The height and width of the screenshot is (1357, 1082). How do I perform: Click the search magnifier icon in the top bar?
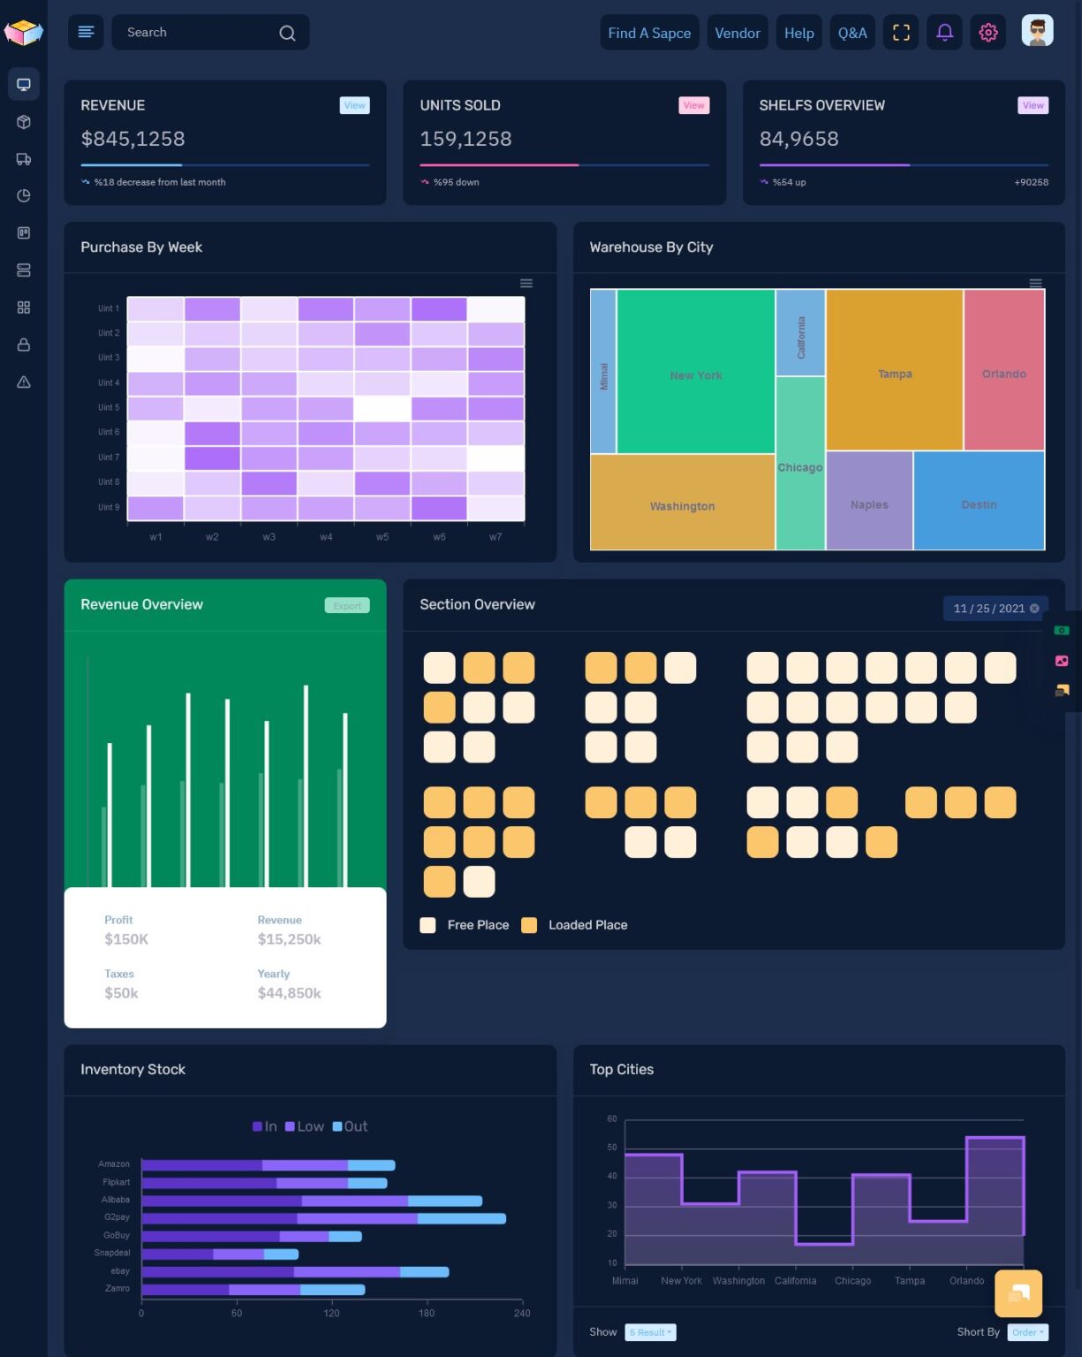pos(287,33)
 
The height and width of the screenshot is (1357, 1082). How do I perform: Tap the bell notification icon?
pos(944,33)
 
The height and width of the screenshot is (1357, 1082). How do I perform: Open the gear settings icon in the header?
pos(987,33)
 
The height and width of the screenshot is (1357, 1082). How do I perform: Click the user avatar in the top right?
pos(1037,31)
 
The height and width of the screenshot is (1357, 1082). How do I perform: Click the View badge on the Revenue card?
pos(354,105)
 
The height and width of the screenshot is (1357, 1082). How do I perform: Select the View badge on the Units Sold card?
pos(693,105)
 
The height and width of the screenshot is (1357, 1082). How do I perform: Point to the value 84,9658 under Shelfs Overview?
pos(798,139)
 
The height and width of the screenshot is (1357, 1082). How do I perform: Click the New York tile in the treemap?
pos(695,375)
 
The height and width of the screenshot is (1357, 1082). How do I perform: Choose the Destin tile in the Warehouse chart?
pos(978,504)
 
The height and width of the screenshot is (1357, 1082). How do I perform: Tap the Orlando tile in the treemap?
pos(1003,373)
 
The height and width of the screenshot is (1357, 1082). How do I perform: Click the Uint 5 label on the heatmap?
pos(109,407)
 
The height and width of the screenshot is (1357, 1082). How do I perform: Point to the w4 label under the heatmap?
pos(326,536)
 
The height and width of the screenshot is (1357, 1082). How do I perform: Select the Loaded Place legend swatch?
pos(529,925)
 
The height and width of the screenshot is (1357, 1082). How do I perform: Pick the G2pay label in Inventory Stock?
pos(117,1217)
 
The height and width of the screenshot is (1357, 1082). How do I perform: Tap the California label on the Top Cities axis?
pos(795,1280)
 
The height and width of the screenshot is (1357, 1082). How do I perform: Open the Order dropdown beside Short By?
pos(1026,1332)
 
